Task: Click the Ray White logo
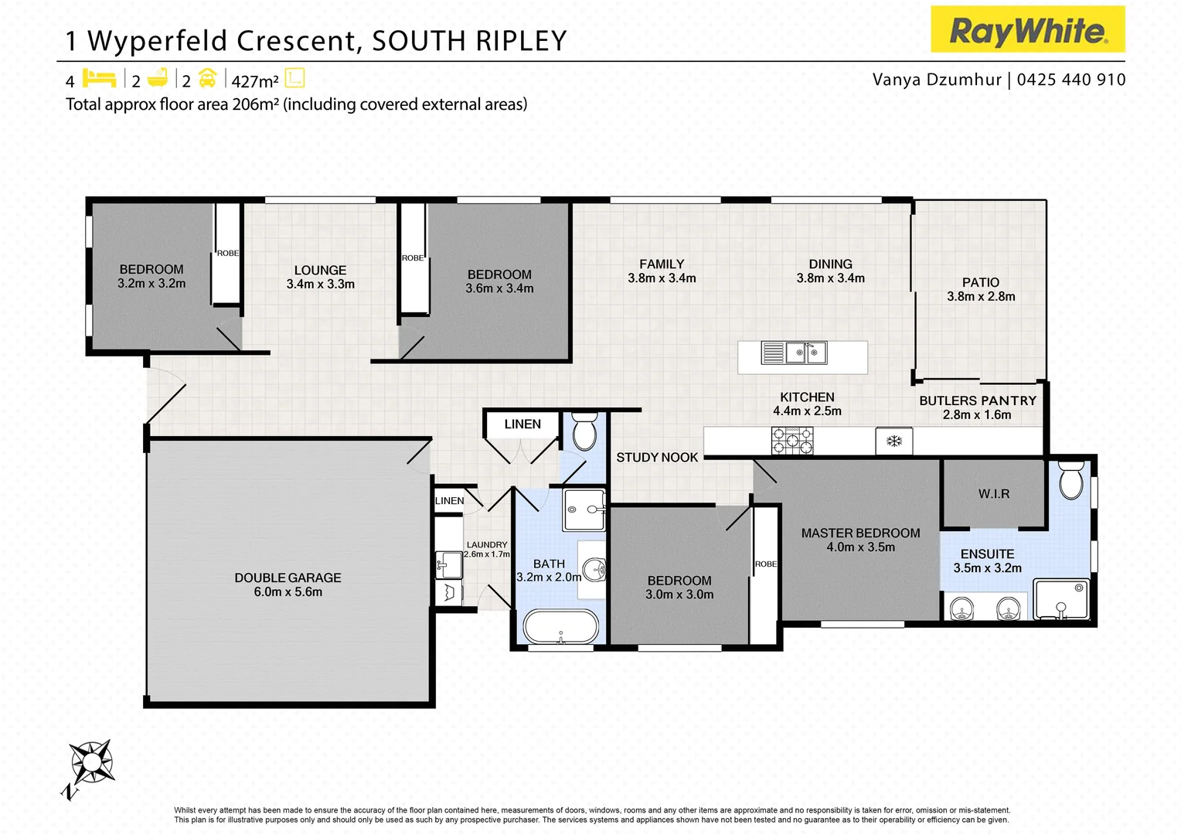click(1027, 30)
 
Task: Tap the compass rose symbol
click(91, 762)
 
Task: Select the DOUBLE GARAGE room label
click(288, 578)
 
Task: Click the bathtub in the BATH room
click(561, 627)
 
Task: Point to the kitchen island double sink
click(795, 353)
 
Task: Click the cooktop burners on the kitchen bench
click(792, 441)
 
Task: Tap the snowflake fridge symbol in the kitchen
click(893, 441)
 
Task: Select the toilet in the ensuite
click(1071, 482)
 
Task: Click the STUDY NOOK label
click(657, 457)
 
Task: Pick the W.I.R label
click(994, 493)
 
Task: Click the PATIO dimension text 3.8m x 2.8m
click(981, 297)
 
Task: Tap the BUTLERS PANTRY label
click(977, 400)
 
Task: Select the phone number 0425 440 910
click(1071, 80)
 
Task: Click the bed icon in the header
click(99, 78)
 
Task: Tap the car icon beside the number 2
click(207, 78)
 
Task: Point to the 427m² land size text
click(255, 81)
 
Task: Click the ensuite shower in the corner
click(1061, 600)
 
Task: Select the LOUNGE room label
click(320, 270)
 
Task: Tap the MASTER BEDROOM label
click(860, 533)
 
